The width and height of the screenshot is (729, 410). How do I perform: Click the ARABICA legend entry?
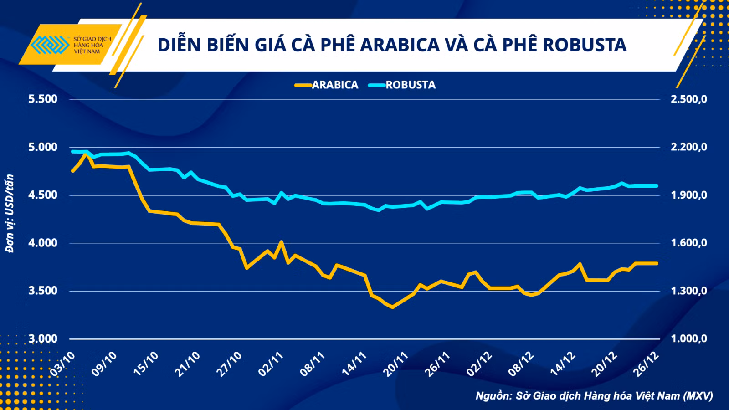click(326, 85)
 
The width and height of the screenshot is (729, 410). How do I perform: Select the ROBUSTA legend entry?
click(402, 85)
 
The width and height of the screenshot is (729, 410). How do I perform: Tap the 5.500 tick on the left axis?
click(43, 99)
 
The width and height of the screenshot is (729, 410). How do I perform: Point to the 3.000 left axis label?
click(43, 339)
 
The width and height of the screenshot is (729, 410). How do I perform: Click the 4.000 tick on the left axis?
click(43, 243)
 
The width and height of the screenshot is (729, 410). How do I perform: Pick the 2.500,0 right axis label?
click(688, 99)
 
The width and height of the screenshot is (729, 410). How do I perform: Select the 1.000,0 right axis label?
click(688, 339)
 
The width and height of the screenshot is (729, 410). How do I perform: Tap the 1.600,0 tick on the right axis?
click(688, 243)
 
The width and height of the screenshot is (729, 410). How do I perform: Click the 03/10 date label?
click(62, 364)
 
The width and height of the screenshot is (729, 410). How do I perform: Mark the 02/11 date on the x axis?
click(271, 364)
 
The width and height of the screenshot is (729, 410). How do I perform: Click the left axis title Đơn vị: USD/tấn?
click(10, 214)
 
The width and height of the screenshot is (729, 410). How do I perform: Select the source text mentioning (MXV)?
click(595, 396)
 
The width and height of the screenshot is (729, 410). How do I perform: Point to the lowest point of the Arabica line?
click(392, 307)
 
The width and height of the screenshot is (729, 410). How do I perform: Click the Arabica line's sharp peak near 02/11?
click(281, 241)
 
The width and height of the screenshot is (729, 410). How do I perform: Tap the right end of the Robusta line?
click(657, 186)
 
